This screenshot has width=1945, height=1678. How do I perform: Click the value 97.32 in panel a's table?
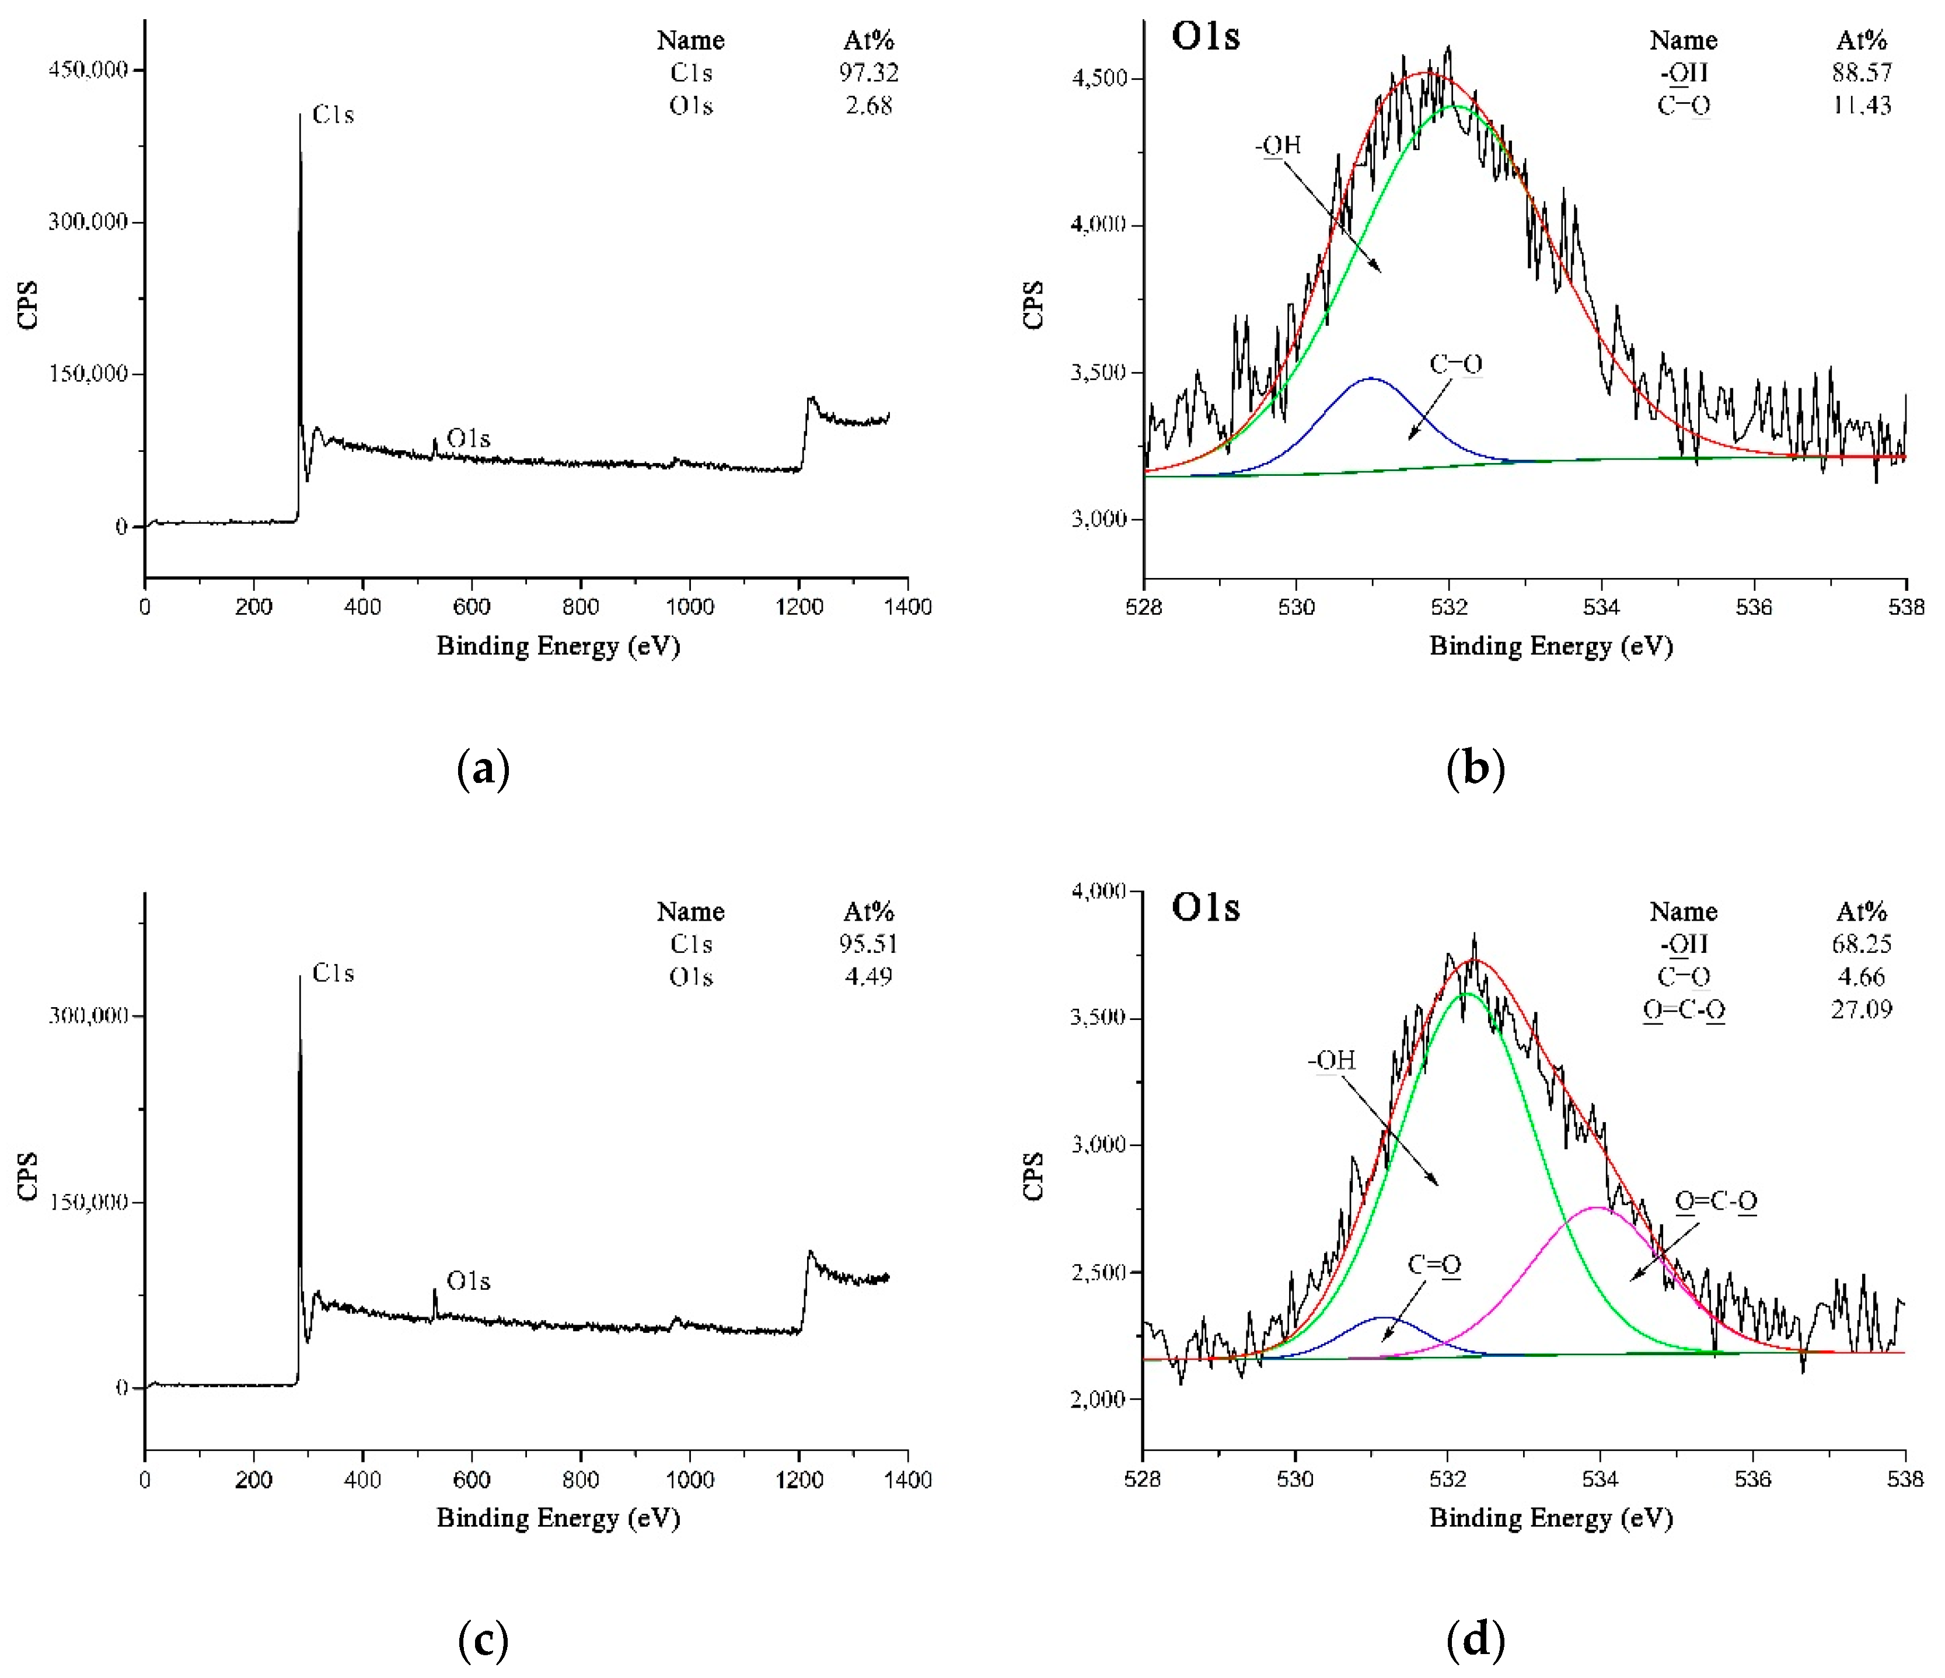tap(868, 72)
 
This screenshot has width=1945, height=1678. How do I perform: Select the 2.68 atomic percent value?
tap(868, 105)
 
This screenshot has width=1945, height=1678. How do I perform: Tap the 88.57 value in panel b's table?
tap(1862, 72)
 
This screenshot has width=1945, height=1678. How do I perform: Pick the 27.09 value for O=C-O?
tap(1862, 1009)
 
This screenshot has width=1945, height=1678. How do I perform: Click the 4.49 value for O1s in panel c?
tap(868, 977)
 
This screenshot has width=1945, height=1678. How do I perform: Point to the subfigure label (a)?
tap(483, 769)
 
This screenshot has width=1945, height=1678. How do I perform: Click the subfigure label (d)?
tap(1476, 1641)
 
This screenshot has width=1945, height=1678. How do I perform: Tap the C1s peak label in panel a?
tap(333, 114)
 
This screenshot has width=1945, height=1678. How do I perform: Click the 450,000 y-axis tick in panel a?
tap(88, 69)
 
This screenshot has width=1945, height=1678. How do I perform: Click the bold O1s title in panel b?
tap(1205, 37)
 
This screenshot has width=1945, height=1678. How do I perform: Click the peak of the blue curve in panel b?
tap(1371, 378)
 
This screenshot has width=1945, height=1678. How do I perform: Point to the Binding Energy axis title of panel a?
tap(558, 646)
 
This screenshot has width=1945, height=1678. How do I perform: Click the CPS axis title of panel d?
tap(1032, 1176)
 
